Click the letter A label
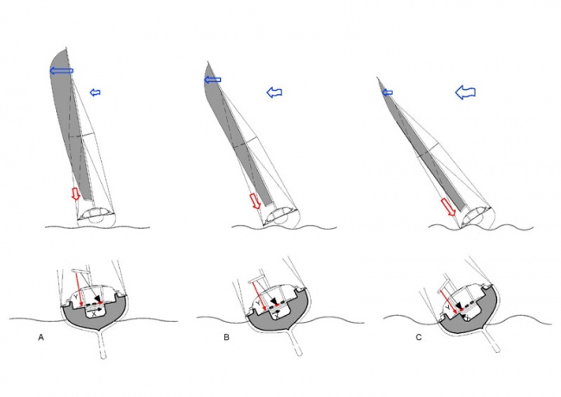click(41, 337)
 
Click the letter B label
click(226, 337)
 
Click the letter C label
click(418, 337)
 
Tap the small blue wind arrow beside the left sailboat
click(96, 92)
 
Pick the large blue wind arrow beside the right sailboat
click(465, 91)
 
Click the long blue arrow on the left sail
click(60, 71)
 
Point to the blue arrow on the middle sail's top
click(213, 80)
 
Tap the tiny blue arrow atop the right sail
click(387, 91)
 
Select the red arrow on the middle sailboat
click(255, 201)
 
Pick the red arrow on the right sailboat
click(448, 206)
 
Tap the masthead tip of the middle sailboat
click(206, 63)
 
